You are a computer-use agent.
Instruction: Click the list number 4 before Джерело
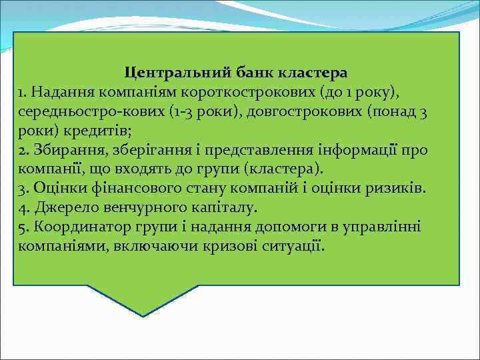click(x=24, y=207)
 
